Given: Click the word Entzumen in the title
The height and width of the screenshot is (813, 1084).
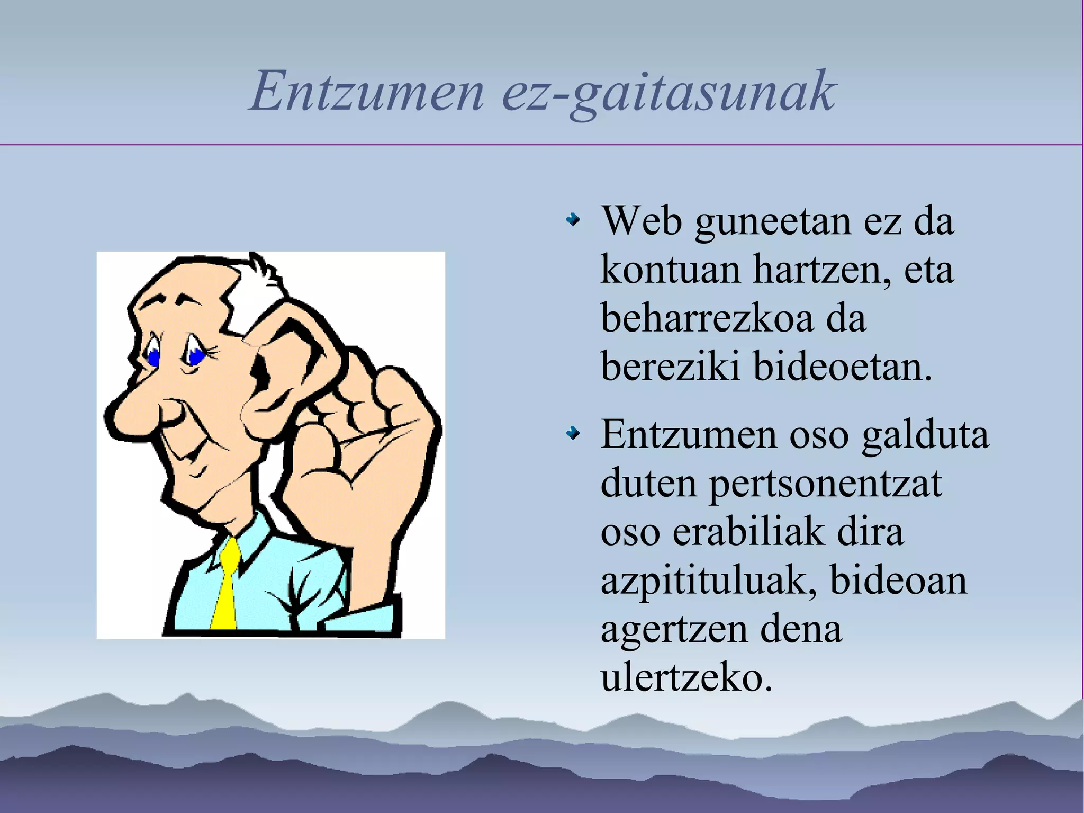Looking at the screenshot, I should (x=366, y=91).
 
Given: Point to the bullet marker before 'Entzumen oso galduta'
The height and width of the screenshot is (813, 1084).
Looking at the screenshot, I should (x=573, y=434).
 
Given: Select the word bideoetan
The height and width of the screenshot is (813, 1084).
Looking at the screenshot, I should (x=842, y=367).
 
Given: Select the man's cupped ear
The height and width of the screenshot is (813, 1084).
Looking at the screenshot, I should (x=288, y=360).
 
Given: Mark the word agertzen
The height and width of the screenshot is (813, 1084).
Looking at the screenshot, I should (x=672, y=630).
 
